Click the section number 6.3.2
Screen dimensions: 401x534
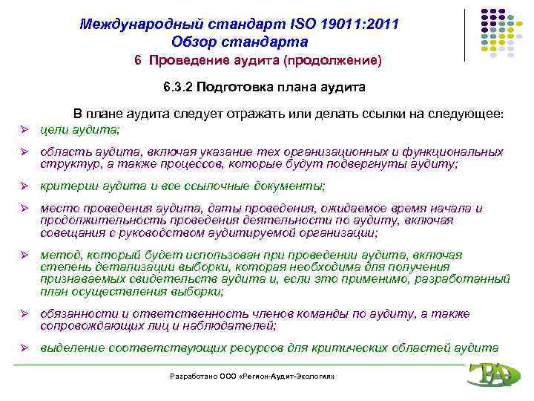click(x=179, y=88)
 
